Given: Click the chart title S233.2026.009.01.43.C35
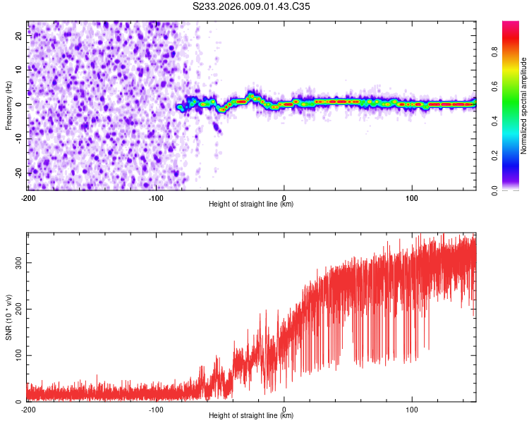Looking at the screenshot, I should [x=251, y=6].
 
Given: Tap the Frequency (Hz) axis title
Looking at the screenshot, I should [x=8, y=106].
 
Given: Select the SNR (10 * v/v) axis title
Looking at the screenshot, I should [x=8, y=318].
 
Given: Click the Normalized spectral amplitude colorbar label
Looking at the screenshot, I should [x=523, y=106].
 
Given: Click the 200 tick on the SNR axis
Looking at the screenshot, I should [x=18, y=309].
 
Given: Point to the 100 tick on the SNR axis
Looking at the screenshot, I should [x=18, y=355].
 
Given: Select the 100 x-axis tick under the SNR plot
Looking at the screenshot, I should [x=412, y=410].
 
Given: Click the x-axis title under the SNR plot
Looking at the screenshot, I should [x=251, y=416].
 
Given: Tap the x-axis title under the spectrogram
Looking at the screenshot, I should [x=251, y=204].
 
